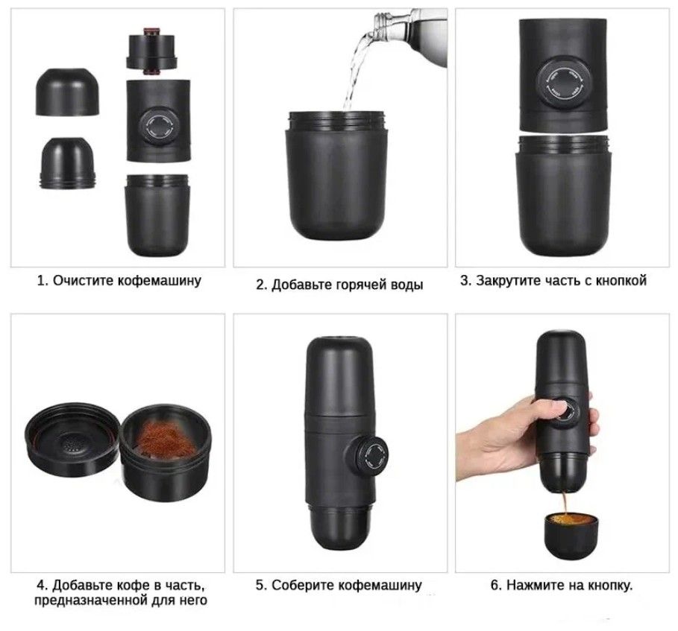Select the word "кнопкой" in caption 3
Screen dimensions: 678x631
point(621,281)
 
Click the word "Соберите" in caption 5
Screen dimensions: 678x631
point(303,586)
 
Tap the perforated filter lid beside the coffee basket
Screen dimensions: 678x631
point(72,437)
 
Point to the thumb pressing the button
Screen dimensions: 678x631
point(555,409)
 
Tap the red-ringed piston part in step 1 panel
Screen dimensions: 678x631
point(151,51)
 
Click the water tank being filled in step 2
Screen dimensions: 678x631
point(336,175)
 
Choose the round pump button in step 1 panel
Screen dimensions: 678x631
point(158,126)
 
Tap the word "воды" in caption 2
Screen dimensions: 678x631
point(407,285)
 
